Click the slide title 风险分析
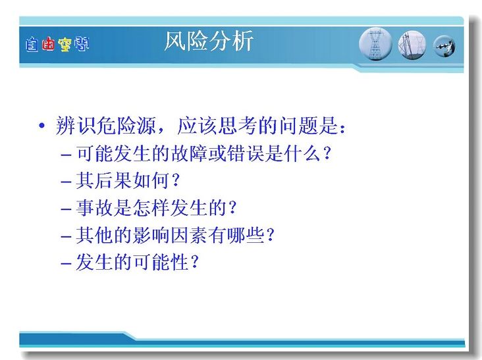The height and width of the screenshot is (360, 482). click(209, 41)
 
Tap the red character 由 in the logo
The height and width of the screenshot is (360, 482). click(48, 44)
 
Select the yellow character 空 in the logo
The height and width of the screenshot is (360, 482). click(65, 45)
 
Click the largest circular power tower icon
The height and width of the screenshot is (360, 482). click(375, 44)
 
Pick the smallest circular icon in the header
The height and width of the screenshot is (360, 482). click(444, 46)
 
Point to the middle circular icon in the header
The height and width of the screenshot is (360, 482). click(412, 45)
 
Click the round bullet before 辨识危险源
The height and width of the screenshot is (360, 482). click(41, 125)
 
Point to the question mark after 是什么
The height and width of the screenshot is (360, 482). click(327, 153)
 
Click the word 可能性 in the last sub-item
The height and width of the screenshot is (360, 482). click(161, 262)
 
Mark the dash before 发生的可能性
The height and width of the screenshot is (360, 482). click(66, 263)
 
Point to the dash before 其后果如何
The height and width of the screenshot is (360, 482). click(66, 182)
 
